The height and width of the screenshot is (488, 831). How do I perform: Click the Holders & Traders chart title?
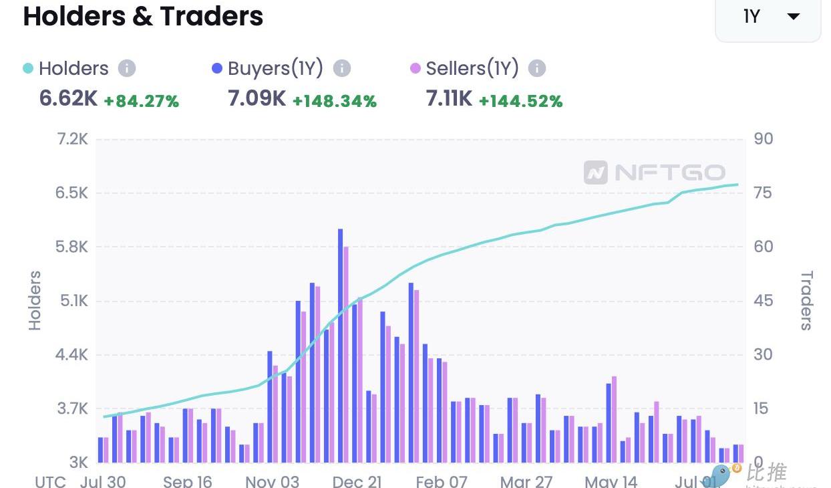[143, 16]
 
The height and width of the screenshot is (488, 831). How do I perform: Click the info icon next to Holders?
[127, 68]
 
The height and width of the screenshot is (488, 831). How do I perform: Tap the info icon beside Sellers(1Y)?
[537, 68]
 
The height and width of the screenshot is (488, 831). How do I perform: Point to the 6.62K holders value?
[68, 99]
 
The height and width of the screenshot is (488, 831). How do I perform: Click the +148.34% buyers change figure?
[335, 101]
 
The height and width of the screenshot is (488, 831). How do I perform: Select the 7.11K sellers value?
[449, 99]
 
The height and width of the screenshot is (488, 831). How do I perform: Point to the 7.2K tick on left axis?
[72, 139]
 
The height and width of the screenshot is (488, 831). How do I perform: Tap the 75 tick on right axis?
[762, 193]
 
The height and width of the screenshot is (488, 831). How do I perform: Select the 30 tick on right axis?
[763, 355]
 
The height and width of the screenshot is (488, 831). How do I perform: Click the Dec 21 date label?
[357, 481]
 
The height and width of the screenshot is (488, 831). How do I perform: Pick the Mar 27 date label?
[525, 481]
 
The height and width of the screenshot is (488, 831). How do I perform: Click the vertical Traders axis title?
[807, 301]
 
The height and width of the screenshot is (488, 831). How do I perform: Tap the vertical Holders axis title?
[35, 301]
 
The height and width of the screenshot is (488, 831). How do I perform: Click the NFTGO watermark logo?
[654, 172]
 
